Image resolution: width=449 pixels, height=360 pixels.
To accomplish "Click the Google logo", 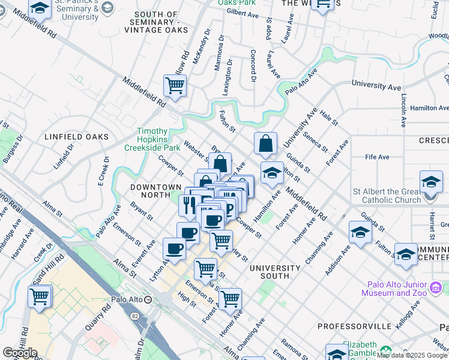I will [x=19, y=353].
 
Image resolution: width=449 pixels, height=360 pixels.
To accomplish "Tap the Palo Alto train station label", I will [x=127, y=299].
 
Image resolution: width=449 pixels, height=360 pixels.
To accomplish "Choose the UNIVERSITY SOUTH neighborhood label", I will [x=275, y=272].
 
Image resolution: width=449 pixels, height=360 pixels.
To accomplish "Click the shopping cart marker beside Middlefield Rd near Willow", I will [x=175, y=85].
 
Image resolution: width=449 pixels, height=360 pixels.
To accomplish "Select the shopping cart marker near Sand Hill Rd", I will [x=40, y=296].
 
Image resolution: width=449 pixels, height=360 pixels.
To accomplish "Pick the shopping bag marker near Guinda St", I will [x=265, y=144].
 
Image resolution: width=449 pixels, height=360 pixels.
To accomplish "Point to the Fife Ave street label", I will [x=377, y=157].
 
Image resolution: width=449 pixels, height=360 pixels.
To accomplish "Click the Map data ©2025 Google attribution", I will [x=412, y=355].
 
